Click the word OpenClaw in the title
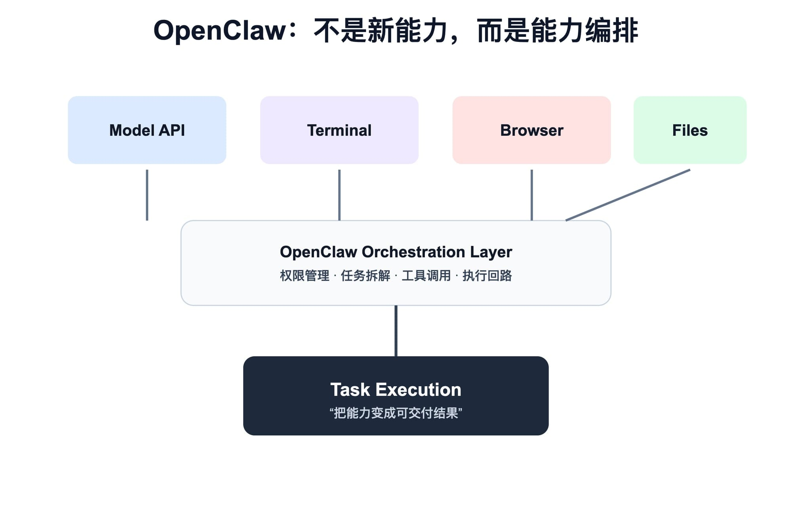coord(220,30)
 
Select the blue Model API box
coord(147,130)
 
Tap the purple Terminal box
coord(339,130)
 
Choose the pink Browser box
coord(531,130)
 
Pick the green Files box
coord(690,130)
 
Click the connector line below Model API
coord(147,195)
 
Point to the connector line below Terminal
coord(339,195)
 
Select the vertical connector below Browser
coord(531,195)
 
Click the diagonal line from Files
coord(628,195)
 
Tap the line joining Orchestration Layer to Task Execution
coord(396,331)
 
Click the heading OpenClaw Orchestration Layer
coord(396,252)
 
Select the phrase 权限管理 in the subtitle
coord(305,275)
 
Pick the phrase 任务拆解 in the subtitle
coord(366,275)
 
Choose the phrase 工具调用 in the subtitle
coord(426,275)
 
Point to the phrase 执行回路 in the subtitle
coord(487,275)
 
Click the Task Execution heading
coord(396,390)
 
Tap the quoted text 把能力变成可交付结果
coord(396,413)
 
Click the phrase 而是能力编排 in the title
coord(558,30)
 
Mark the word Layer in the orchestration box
coord(491,252)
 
